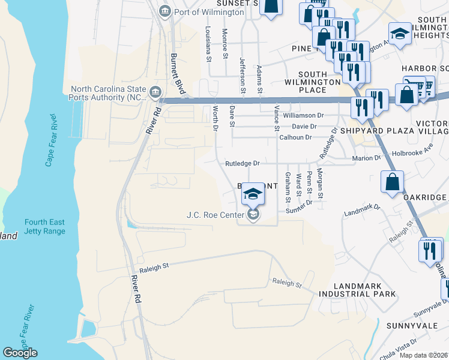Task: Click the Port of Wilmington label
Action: [x=208, y=12]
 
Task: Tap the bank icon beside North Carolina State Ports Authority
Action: [x=155, y=91]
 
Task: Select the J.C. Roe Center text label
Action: [x=215, y=215]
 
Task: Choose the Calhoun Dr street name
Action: [x=295, y=137]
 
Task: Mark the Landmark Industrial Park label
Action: [x=357, y=289]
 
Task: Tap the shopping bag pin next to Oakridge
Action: [x=392, y=183]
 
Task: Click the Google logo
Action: [x=20, y=352]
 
